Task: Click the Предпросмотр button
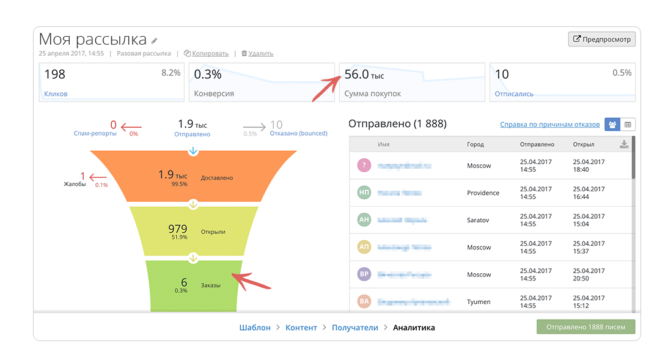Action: pos(602,39)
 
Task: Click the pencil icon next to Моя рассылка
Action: pos(155,41)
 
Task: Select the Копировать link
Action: pos(210,53)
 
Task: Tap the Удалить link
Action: pos(261,53)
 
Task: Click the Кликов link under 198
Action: pos(56,94)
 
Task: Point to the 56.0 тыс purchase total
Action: pos(364,75)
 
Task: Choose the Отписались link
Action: pos(514,94)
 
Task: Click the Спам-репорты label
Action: pos(95,133)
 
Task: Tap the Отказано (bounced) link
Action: pos(298,133)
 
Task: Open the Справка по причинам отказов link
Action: pos(549,125)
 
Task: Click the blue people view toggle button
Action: pos(612,125)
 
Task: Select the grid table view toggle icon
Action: pos(628,125)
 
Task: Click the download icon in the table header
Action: pos(623,144)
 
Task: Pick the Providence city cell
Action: pos(483,193)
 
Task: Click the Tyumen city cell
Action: pos(479,302)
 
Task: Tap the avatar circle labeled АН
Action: pos(364,220)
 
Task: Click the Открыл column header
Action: pos(583,145)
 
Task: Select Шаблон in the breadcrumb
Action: pos(254,328)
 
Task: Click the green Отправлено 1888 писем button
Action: pos(585,327)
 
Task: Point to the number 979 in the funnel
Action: pos(178,229)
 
